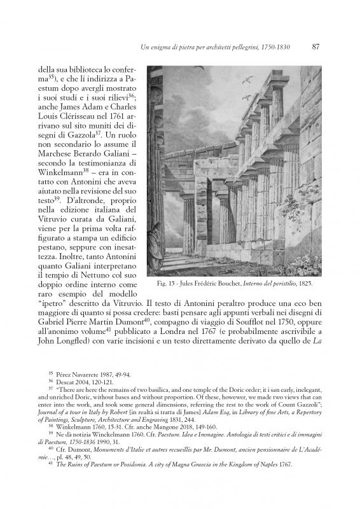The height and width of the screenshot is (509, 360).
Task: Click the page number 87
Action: (x=315, y=46)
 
